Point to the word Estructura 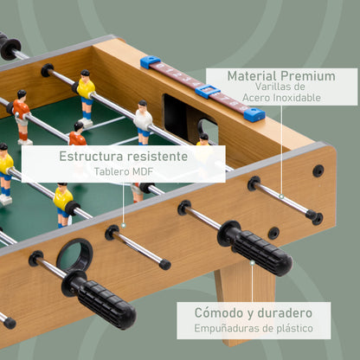pyautogui.click(x=93, y=157)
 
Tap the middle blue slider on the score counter pyautogui.click(x=207, y=90)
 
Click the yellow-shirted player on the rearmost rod pyautogui.click(x=86, y=89)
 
